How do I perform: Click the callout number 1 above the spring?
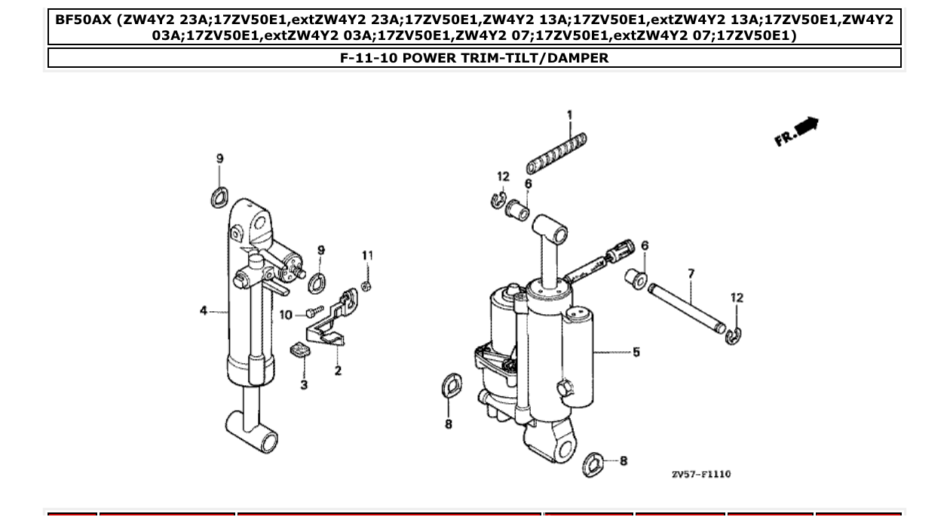(569, 115)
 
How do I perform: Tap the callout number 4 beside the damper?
(203, 310)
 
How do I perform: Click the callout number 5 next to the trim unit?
(636, 352)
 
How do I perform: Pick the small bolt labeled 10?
(314, 311)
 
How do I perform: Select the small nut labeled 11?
(365, 286)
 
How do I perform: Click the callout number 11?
(367, 256)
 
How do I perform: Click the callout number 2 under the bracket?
(338, 371)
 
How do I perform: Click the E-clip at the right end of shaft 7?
(734, 336)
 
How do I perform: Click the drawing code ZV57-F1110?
(700, 474)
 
